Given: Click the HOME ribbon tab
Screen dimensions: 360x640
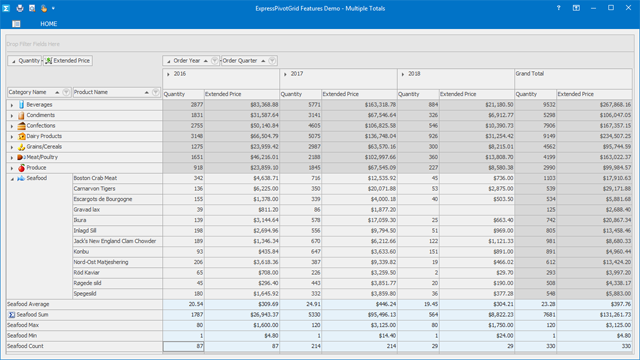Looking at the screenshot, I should (x=48, y=23).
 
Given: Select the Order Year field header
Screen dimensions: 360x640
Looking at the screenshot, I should (x=186, y=61).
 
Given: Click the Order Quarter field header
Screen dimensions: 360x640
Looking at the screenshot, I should (x=242, y=61).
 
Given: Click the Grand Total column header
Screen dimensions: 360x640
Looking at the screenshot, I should (x=530, y=74).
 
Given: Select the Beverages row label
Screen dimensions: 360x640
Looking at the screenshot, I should (x=40, y=104).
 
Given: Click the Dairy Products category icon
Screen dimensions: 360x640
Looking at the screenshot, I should (x=22, y=136).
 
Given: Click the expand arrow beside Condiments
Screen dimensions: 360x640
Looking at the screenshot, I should (x=12, y=115).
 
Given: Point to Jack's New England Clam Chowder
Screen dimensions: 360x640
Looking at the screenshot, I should (x=115, y=241).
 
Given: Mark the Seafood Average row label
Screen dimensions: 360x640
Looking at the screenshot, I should (x=30, y=303).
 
